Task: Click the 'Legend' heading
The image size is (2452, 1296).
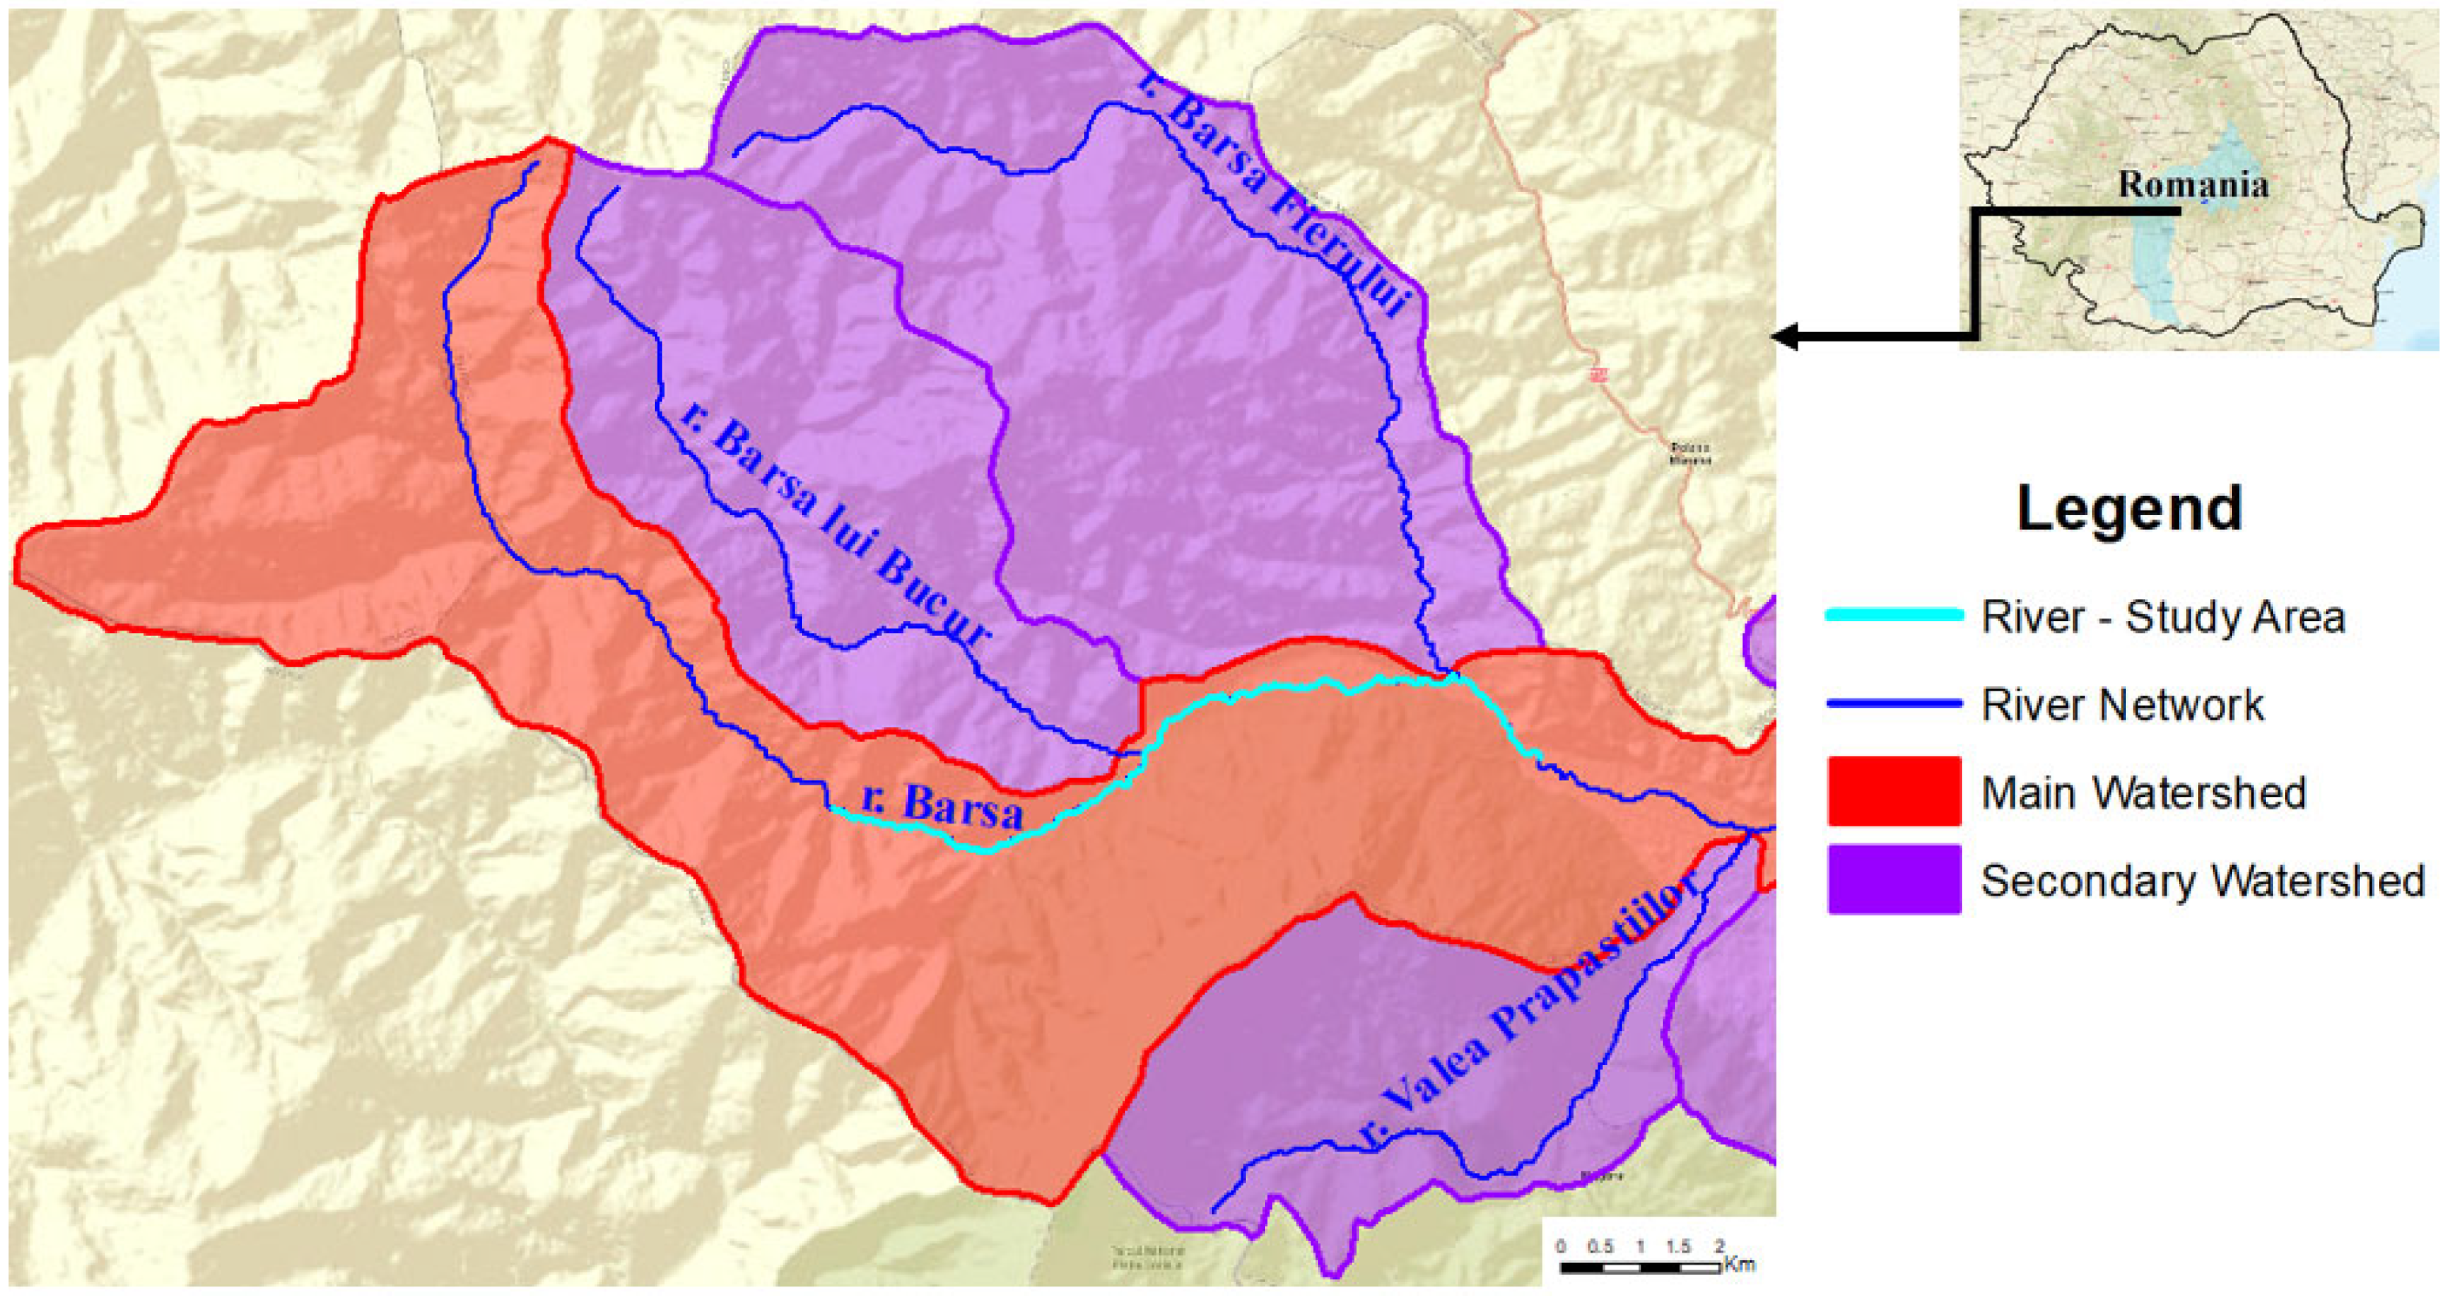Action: tap(2128, 509)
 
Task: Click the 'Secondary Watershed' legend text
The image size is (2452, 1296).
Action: tap(2202, 881)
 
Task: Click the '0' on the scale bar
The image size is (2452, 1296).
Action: tap(1560, 1247)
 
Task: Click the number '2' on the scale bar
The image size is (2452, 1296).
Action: tap(1719, 1247)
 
